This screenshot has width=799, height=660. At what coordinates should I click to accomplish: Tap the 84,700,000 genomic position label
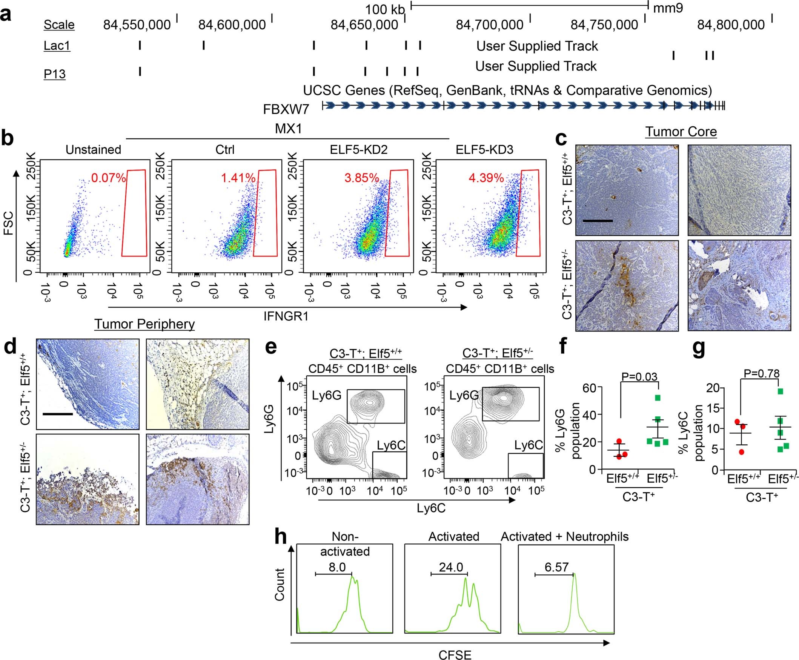pyautogui.click(x=489, y=25)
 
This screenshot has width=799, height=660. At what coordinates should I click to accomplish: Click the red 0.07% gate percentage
pyautogui.click(x=108, y=178)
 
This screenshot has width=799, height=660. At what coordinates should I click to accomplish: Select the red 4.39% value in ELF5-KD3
pyautogui.click(x=486, y=178)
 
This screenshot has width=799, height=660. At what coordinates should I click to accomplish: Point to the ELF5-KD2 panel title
pyautogui.click(x=359, y=150)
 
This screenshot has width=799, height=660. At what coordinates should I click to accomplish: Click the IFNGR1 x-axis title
pyautogui.click(x=286, y=316)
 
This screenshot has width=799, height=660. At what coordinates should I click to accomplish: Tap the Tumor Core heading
pyautogui.click(x=681, y=132)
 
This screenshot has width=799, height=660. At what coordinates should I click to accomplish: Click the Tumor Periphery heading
pyautogui.click(x=144, y=324)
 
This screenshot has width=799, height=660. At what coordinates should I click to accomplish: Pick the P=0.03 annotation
pyautogui.click(x=639, y=376)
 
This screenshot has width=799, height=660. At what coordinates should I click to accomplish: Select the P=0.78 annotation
pyautogui.click(x=761, y=374)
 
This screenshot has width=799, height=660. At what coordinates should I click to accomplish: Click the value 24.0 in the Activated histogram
pyautogui.click(x=451, y=568)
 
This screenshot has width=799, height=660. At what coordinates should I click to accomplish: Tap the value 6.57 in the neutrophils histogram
pyautogui.click(x=556, y=567)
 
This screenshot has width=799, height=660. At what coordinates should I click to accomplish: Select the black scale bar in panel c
pyautogui.click(x=598, y=221)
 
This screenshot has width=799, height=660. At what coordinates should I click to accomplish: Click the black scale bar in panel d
pyautogui.click(x=57, y=414)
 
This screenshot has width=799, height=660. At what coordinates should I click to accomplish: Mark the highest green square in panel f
pyautogui.click(x=658, y=398)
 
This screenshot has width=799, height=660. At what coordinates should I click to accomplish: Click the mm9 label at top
pyautogui.click(x=668, y=8)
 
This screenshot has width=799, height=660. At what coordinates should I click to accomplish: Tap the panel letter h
pyautogui.click(x=280, y=537)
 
